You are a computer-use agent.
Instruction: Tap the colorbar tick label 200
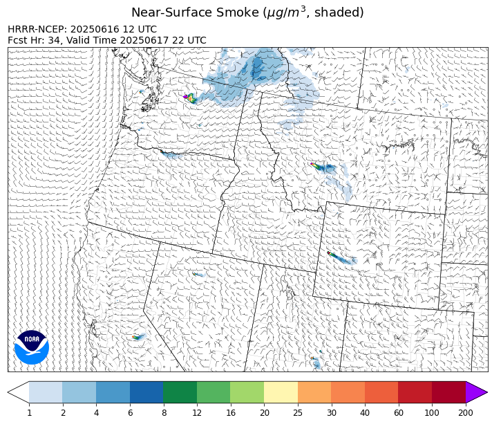[x=465, y=413]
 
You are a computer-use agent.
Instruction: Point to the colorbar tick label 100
[x=432, y=413]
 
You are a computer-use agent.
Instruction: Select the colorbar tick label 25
[x=298, y=413]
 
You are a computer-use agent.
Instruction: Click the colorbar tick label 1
[x=29, y=413]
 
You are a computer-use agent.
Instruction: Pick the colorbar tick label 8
[x=163, y=413]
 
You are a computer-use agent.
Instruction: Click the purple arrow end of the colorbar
[x=475, y=392]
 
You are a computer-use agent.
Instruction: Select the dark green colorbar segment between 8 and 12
[x=180, y=392]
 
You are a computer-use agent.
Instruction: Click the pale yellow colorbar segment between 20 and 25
[x=281, y=392]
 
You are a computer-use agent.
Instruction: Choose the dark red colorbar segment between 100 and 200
[x=448, y=392]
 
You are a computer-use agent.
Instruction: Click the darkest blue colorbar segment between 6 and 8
[x=146, y=392]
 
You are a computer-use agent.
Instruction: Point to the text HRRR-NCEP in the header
[x=34, y=30]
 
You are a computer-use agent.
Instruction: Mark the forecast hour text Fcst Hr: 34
[x=32, y=41]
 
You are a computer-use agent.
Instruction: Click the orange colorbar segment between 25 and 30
[x=314, y=392]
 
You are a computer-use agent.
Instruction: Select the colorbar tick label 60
[x=398, y=413]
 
